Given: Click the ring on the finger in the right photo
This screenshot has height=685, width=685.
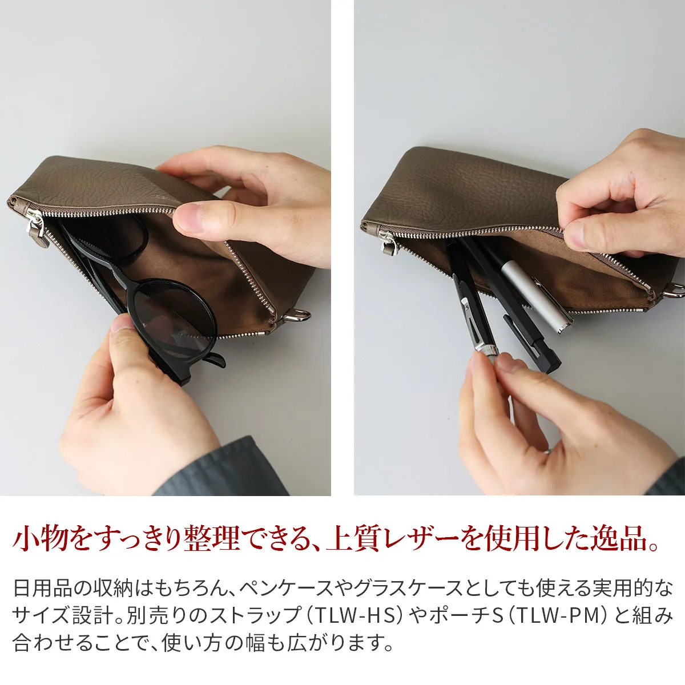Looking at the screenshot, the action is [x=549, y=451].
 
